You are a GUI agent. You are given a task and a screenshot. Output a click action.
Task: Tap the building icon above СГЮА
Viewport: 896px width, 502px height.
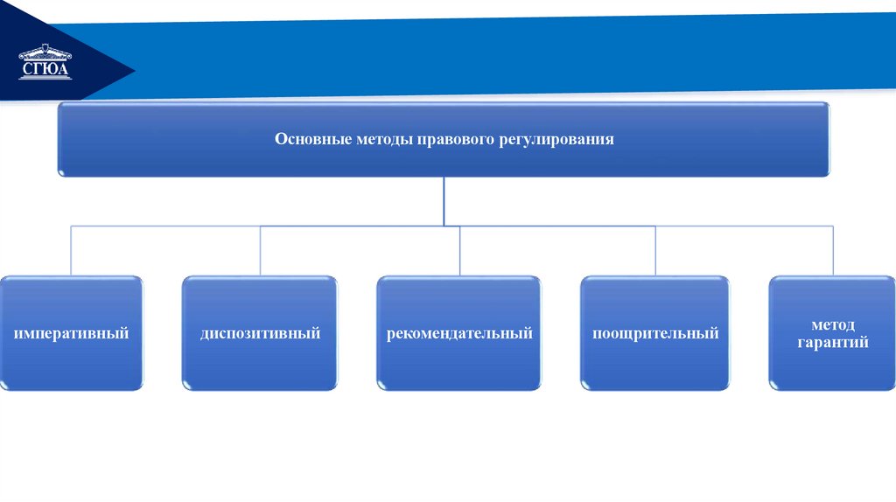coord(45,52)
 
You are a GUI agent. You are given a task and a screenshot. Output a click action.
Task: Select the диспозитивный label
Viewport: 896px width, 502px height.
coord(260,333)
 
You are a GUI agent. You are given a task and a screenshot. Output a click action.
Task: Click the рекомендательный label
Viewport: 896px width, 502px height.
coord(459,333)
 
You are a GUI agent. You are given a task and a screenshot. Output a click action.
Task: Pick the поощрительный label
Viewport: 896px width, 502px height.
coord(654,333)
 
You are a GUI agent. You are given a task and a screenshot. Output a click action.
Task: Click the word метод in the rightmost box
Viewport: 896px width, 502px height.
coord(832,324)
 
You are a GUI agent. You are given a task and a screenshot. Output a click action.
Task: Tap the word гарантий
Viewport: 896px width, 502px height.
coord(832,343)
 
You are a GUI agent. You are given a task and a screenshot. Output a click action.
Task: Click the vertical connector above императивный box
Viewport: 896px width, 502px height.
coord(71,251)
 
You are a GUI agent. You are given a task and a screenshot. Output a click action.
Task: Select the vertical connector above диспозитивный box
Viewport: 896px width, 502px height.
coord(260,251)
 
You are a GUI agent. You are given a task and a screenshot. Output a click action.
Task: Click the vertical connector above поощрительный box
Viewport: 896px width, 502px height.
coord(654,251)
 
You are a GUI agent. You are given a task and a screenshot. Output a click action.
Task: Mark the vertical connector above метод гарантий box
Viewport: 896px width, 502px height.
coord(833,251)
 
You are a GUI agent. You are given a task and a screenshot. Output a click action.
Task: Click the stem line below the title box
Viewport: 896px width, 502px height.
coord(444,201)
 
